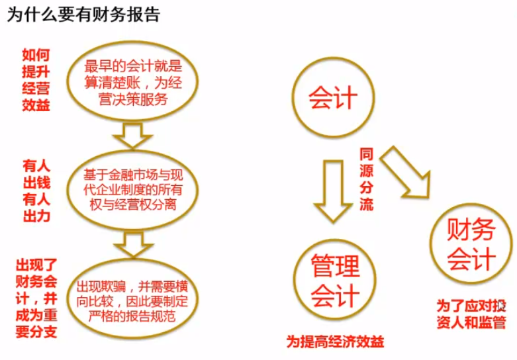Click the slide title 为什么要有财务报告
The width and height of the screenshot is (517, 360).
pyautogui.click(x=84, y=15)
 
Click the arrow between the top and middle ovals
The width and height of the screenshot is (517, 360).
pyautogui.click(x=132, y=136)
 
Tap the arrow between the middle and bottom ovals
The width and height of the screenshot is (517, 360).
pyautogui.click(x=134, y=244)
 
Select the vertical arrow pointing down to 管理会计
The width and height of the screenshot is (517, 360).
pyautogui.click(x=334, y=192)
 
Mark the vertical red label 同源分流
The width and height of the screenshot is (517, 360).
pyautogui.click(x=366, y=179)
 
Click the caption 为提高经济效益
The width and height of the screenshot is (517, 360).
pyautogui.click(x=335, y=341)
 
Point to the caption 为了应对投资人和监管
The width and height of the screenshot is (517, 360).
pyautogui.click(x=471, y=314)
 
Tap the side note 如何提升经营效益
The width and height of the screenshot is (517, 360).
pyautogui.click(x=36, y=80)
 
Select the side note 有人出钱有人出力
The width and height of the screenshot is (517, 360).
pyautogui.click(x=36, y=191)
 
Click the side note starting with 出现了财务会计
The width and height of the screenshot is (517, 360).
pyautogui.click(x=36, y=298)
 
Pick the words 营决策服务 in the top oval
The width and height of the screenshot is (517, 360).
pyautogui.click(x=133, y=99)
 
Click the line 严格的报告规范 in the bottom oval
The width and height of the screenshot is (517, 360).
pyautogui.click(x=132, y=316)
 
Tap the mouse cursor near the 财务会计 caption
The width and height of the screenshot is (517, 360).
pyautogui.click(x=502, y=306)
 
